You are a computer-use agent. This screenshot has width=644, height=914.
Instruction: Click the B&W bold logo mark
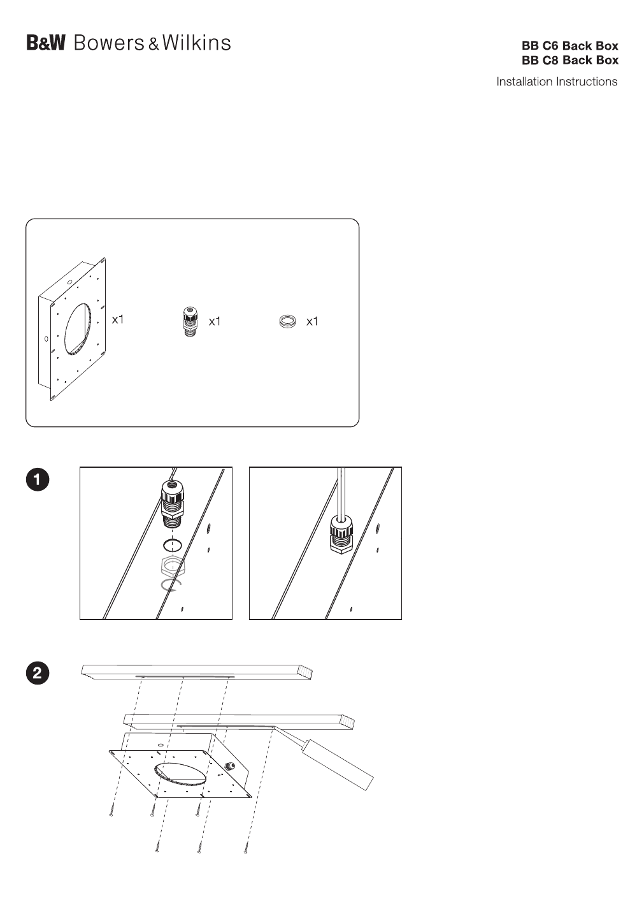click(46, 43)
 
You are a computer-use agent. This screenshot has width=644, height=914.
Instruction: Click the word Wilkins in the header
click(197, 43)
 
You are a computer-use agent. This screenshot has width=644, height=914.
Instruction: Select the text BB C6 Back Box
click(569, 45)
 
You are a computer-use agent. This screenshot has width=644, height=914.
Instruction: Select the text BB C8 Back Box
click(569, 60)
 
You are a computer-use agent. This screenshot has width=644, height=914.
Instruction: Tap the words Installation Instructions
click(557, 82)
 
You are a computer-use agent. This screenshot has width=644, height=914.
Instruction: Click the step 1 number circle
click(38, 479)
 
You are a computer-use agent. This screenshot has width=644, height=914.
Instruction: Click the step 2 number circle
click(38, 672)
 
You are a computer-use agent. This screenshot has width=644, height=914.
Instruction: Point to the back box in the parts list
click(72, 329)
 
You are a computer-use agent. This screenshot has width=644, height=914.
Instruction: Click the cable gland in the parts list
click(189, 321)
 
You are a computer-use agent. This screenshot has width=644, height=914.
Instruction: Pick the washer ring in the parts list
click(287, 321)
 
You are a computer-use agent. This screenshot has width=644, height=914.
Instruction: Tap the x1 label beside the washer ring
click(312, 321)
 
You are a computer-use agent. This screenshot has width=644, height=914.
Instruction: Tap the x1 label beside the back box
click(118, 319)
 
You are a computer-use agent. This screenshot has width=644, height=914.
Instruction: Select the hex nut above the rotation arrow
click(173, 565)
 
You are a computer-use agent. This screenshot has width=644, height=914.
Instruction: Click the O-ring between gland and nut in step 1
click(172, 545)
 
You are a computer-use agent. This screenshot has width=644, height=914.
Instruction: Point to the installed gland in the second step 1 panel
click(341, 534)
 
